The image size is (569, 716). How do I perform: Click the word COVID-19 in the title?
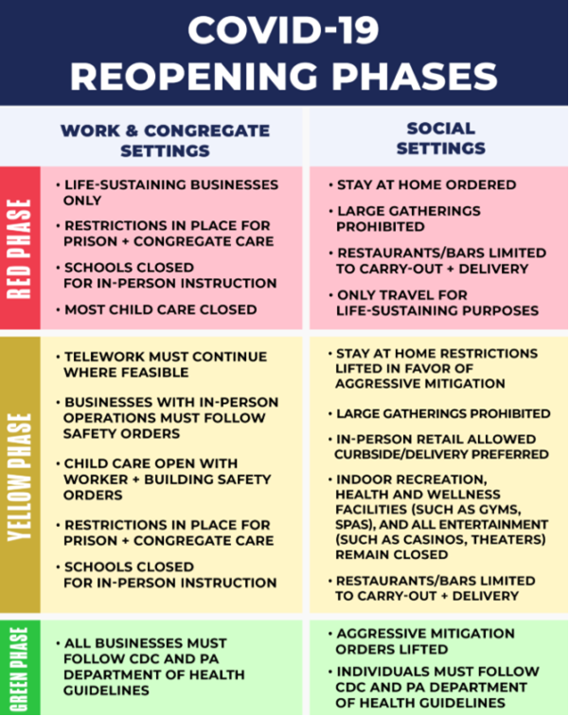283,30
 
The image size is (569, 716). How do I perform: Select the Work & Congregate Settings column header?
165,141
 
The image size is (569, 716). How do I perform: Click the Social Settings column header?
441,138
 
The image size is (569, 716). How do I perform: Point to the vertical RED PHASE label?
19,249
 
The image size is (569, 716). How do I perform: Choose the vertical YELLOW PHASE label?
19,478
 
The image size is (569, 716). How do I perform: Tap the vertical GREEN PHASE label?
19,669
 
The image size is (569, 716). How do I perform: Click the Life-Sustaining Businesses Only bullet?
168,192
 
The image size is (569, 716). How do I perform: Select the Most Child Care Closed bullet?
156,309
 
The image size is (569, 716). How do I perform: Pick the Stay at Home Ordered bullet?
422,184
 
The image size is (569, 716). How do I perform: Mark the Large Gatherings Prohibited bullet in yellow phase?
439,413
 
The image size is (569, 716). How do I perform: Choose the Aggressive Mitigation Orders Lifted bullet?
421,641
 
